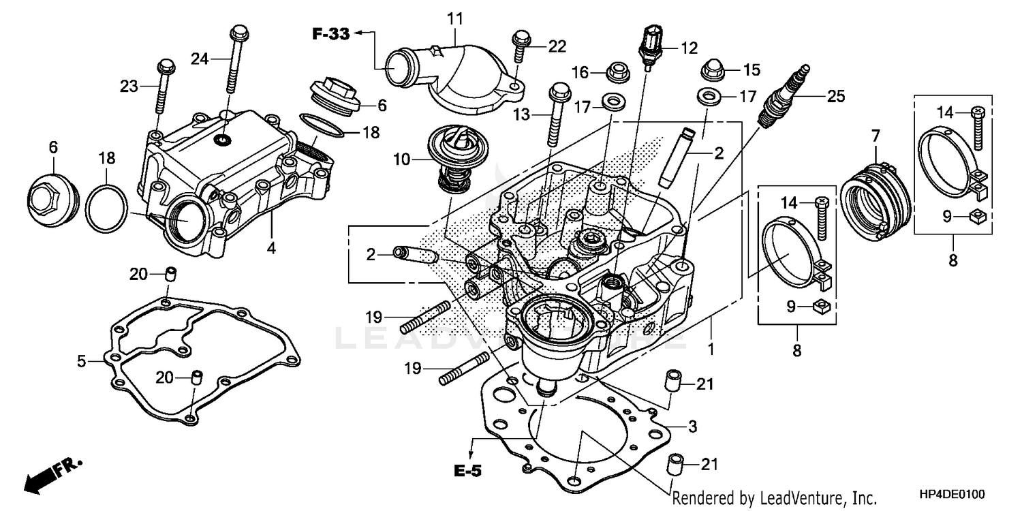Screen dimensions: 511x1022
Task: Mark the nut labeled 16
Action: tap(617, 70)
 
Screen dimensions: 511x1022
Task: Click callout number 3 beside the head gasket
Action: tap(692, 427)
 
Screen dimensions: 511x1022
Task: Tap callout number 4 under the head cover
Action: tap(271, 249)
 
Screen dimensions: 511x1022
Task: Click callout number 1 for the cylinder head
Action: tap(711, 350)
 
